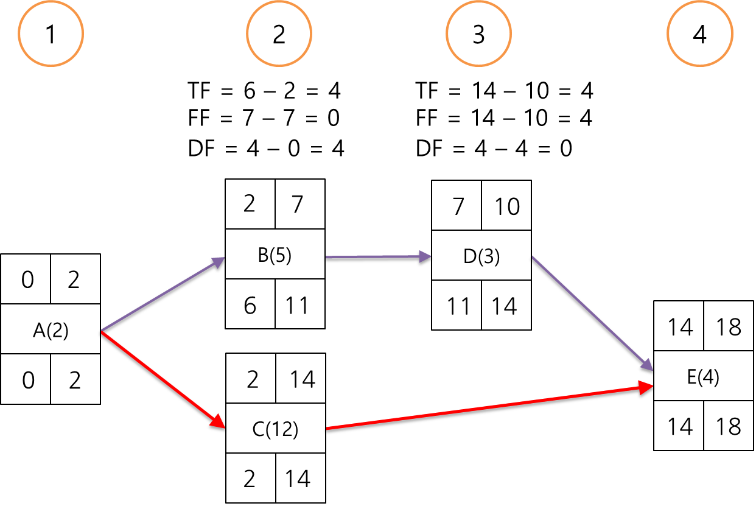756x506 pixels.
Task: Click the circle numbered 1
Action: pos(51,34)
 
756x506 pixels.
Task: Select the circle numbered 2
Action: pos(279,34)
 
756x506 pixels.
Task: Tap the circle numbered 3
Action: pos(478,34)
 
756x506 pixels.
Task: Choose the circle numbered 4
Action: pos(700,34)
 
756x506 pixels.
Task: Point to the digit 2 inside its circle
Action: pos(279,35)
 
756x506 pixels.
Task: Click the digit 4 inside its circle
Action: pos(700,35)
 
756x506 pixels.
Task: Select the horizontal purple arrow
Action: pos(377,257)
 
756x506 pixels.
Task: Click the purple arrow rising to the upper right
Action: pos(162,295)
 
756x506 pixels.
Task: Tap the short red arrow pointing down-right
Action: pos(162,379)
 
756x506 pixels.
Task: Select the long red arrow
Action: pos(487,407)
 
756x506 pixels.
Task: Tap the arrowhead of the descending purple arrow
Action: pos(648,365)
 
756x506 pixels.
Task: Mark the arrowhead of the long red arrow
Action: pos(647,386)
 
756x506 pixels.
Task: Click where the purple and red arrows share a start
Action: pos(101,331)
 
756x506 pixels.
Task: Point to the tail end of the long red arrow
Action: pos(327,429)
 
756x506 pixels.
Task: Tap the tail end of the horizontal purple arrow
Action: pos(327,257)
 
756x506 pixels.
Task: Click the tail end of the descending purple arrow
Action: pos(533,256)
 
